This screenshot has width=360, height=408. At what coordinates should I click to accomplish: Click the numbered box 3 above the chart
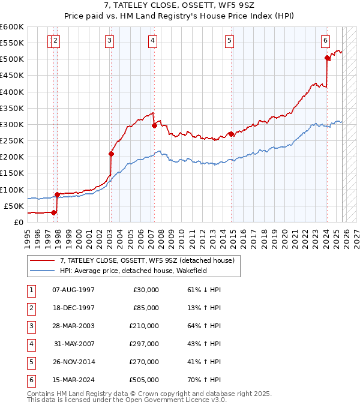click(x=110, y=41)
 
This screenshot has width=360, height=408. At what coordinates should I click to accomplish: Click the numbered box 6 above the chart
click(x=325, y=41)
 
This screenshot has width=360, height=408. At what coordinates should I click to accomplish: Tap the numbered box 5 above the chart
click(x=230, y=41)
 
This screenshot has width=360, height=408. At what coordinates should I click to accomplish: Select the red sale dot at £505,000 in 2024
click(x=327, y=58)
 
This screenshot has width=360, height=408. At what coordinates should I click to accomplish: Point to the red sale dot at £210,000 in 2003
click(x=111, y=154)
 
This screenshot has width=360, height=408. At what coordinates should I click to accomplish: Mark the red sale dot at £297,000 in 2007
click(x=154, y=125)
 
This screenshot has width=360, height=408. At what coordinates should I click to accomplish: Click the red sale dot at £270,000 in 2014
click(x=232, y=134)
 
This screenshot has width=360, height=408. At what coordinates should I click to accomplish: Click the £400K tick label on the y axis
click(x=12, y=92)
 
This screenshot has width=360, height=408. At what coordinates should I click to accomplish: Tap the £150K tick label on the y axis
click(x=12, y=173)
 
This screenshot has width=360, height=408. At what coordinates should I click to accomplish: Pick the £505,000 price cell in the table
click(x=144, y=380)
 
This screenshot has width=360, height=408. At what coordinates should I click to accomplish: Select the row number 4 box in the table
click(x=30, y=344)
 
